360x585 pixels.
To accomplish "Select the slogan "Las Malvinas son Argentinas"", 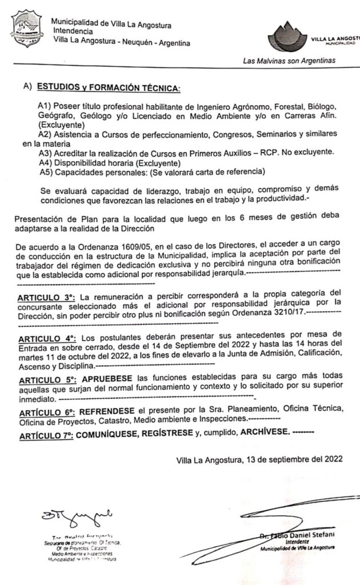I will point(289,61).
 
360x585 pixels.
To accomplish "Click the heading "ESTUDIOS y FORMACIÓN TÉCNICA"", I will point(109,88).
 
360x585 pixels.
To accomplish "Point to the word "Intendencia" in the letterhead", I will point(73,32).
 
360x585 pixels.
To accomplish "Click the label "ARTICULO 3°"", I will point(46,298).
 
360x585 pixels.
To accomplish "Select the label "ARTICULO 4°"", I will point(46,334).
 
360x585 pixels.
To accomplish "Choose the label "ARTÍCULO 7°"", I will point(46,435).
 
